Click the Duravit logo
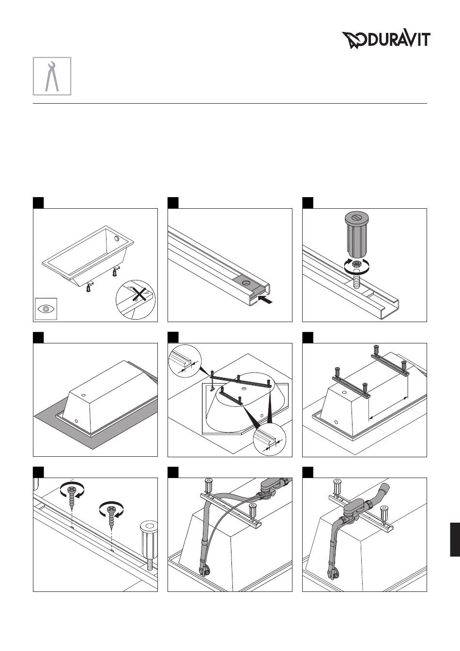click(x=386, y=40)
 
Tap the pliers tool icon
click(x=52, y=76)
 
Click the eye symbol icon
click(x=46, y=309)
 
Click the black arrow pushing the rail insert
click(x=266, y=300)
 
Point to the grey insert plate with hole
click(x=248, y=284)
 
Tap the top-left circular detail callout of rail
click(x=185, y=361)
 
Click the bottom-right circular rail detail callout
click(x=270, y=439)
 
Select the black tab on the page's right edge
click(x=455, y=540)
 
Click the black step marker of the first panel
click(x=38, y=203)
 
